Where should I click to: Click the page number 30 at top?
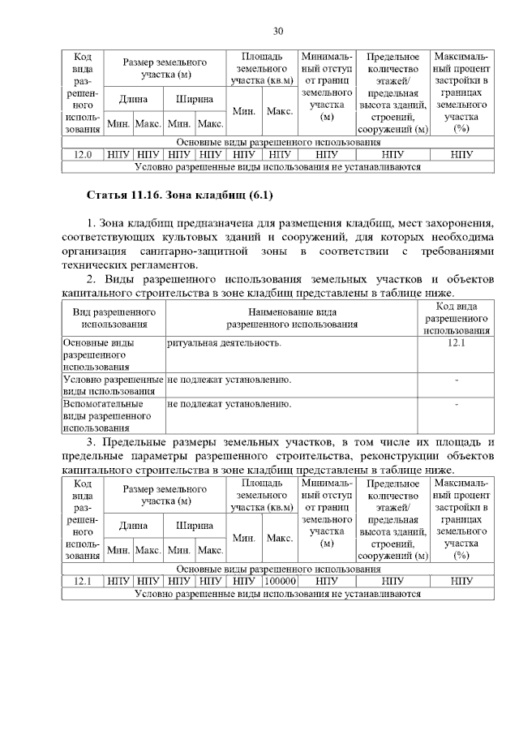coord(277,31)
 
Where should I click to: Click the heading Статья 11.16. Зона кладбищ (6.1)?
coord(181,195)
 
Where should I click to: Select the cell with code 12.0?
coord(83,153)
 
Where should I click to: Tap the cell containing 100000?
coord(280,581)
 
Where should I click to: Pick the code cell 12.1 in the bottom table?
coord(83,581)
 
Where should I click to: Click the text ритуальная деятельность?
coord(225,343)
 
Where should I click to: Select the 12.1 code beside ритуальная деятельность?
coord(456,343)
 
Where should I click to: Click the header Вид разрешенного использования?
coord(114,317)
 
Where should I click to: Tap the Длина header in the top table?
coord(133,99)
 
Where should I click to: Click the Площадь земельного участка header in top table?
coord(261,69)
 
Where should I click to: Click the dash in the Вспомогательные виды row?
coord(457,403)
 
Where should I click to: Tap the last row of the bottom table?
coord(278,593)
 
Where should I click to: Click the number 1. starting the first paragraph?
coord(91,222)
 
